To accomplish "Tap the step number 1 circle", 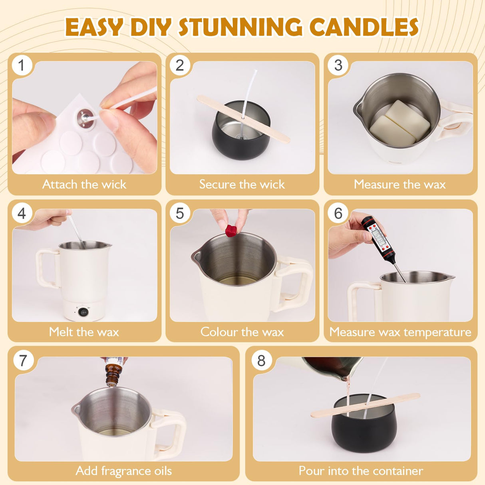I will [22, 65].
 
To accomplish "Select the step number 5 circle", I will [180, 213].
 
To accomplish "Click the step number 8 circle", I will [261, 360].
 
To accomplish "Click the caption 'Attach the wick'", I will [84, 184].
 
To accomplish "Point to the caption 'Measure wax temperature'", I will [400, 332].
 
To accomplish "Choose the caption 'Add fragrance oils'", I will [124, 471].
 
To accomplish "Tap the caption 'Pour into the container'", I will [361, 471].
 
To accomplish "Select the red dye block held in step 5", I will [231, 231].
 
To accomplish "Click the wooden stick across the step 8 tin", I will [366, 405].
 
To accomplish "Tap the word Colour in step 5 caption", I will [219, 332].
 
